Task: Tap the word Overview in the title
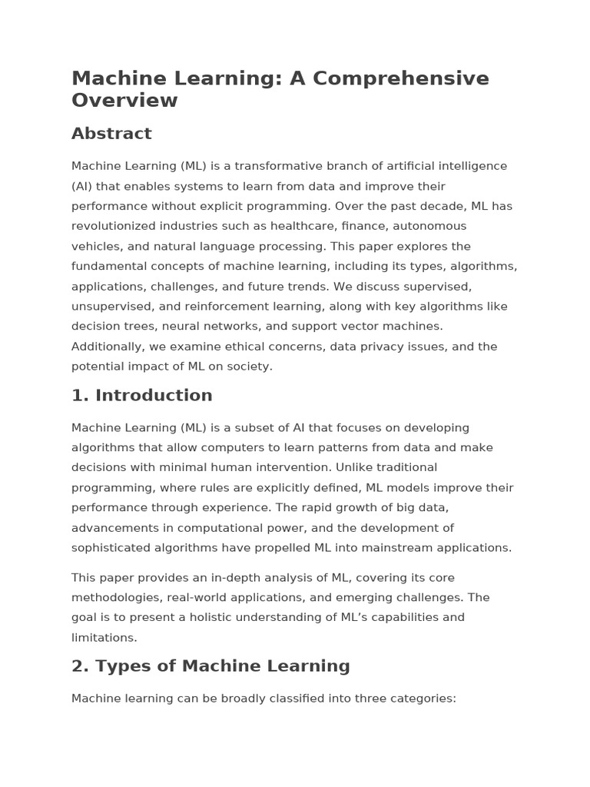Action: (x=124, y=100)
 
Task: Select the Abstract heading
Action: (x=111, y=134)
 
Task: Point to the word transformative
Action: (x=280, y=166)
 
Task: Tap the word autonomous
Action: (x=428, y=226)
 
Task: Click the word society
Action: (x=247, y=367)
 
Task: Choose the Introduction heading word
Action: (x=154, y=396)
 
